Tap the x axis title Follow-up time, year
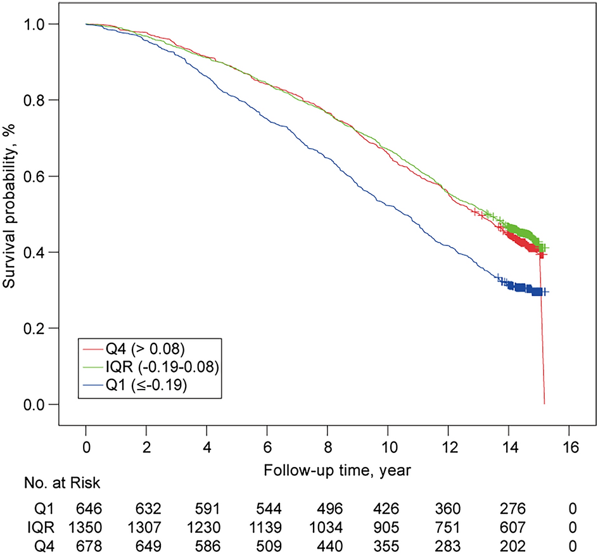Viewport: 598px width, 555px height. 328,472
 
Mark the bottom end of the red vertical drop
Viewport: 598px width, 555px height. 544,403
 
